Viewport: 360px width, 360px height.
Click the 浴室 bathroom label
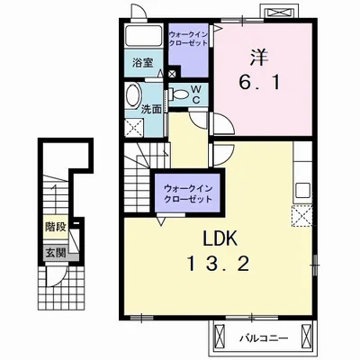pyautogui.click(x=143, y=63)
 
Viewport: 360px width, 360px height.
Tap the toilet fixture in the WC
pyautogui.click(x=178, y=94)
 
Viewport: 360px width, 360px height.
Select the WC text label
pyautogui.click(x=196, y=94)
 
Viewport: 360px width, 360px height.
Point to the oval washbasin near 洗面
pyautogui.click(x=133, y=94)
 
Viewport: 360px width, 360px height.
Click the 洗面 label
pyautogui.click(x=151, y=110)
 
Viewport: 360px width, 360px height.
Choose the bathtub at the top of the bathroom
pyautogui.click(x=144, y=36)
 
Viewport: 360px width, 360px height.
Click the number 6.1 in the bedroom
pyautogui.click(x=260, y=82)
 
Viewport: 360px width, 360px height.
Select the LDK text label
pyautogui.click(x=220, y=238)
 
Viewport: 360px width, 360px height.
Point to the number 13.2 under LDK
pyautogui.click(x=219, y=265)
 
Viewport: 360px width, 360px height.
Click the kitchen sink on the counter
pyautogui.click(x=302, y=190)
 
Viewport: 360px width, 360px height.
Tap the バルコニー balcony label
pyautogui.click(x=264, y=338)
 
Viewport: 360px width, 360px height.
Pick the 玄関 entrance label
pyautogui.click(x=56, y=253)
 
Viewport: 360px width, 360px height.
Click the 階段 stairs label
pyautogui.click(x=56, y=227)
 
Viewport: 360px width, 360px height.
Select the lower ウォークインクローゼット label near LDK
pyautogui.click(x=188, y=193)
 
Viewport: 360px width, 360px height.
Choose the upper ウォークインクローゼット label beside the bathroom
pyautogui.click(x=188, y=38)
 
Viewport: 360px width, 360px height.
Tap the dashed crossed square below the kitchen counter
pyautogui.click(x=302, y=216)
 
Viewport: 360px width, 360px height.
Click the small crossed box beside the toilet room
pyautogui.click(x=172, y=74)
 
